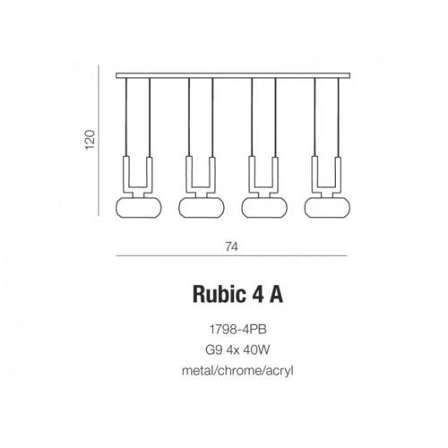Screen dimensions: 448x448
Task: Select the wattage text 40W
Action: click(x=250, y=347)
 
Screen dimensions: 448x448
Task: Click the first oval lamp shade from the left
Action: click(x=138, y=207)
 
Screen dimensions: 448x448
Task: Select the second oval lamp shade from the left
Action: click(x=200, y=207)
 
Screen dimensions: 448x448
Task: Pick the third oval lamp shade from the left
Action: click(x=262, y=207)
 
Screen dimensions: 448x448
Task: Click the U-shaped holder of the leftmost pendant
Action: click(x=138, y=176)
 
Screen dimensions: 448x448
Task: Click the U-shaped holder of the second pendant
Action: click(x=200, y=176)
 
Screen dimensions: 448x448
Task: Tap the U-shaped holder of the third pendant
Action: click(x=262, y=176)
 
